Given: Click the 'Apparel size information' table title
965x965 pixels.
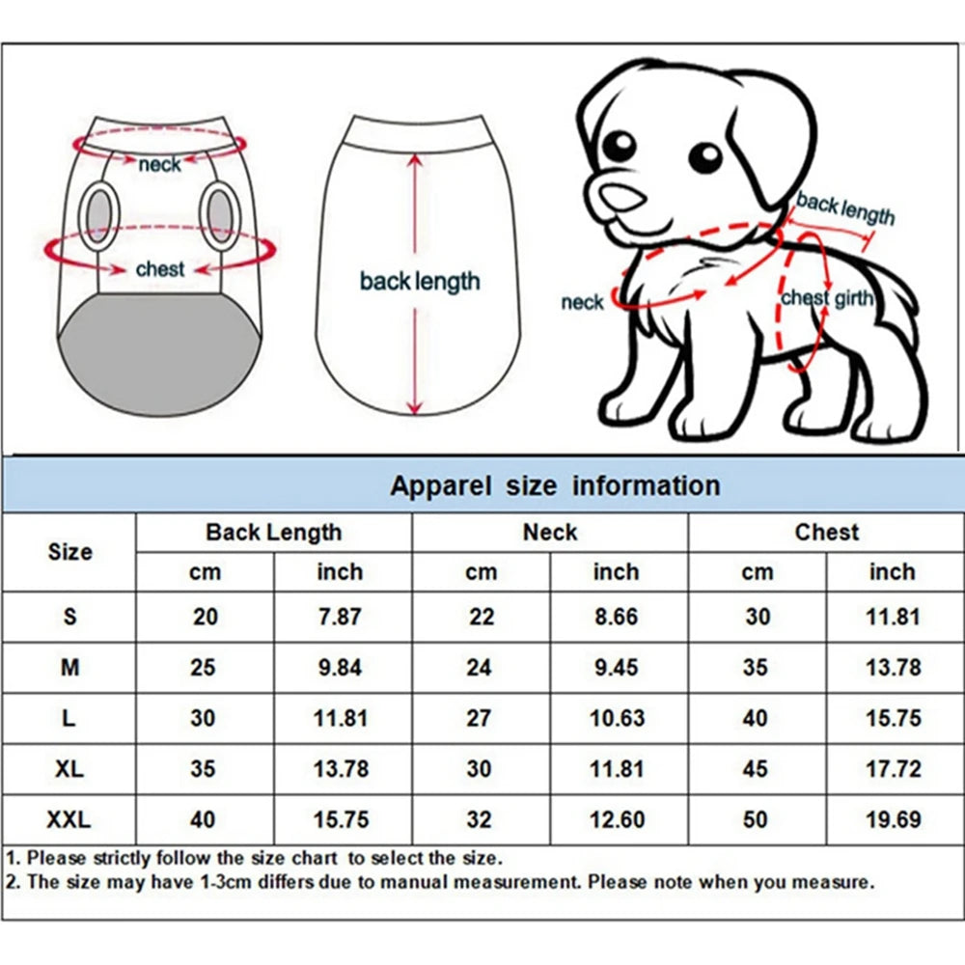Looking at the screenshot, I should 555,485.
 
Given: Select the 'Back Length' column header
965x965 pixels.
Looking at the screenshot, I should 273,532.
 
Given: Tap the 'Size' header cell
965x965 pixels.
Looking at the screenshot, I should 69,552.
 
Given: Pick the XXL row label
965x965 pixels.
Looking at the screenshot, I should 69,820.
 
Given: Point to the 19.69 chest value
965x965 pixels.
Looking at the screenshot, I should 894,820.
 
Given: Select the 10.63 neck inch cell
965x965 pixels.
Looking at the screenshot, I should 618,718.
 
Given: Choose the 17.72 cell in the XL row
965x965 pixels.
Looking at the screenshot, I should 894,769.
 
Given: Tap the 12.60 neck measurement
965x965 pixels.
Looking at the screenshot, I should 618,820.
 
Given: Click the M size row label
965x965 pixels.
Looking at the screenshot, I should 69,667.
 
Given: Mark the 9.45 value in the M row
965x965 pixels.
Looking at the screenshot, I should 618,667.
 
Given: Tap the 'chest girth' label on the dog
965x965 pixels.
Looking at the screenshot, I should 827,298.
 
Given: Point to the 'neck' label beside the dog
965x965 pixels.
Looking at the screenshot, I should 582,303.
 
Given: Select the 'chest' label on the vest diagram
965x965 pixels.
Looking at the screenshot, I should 159,269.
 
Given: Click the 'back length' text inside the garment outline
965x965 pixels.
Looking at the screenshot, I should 419,282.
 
